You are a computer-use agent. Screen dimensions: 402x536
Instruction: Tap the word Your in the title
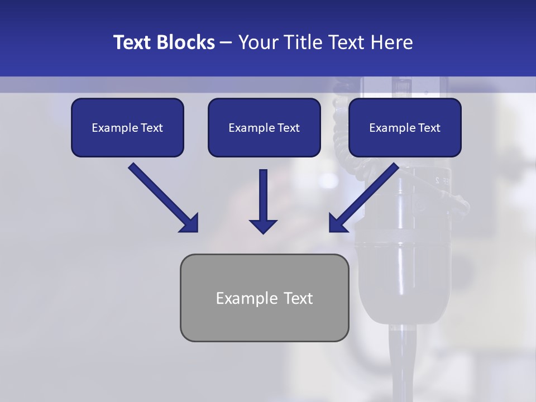click(257, 42)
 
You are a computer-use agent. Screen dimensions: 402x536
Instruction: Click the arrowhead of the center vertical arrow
click(263, 226)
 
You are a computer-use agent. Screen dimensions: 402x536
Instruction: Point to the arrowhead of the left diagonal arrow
click(190, 223)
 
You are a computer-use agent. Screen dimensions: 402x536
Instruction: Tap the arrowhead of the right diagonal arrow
click(337, 223)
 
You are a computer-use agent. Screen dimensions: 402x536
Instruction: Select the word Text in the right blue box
click(429, 128)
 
